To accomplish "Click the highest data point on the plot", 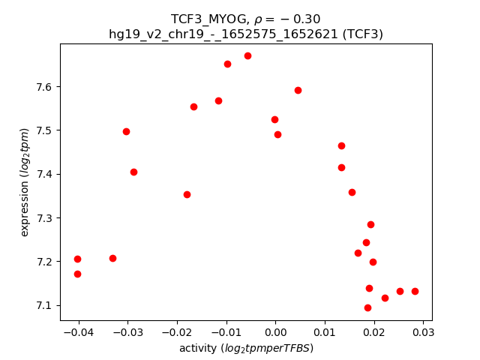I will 247,55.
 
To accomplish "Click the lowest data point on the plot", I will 367,307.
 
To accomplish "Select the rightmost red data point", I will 415,291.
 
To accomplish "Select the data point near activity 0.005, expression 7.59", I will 298,90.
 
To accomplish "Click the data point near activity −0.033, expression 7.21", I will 112,258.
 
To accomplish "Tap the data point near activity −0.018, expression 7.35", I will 187,194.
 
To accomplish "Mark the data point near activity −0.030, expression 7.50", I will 126,131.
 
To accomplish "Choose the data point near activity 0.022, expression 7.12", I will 385,298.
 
